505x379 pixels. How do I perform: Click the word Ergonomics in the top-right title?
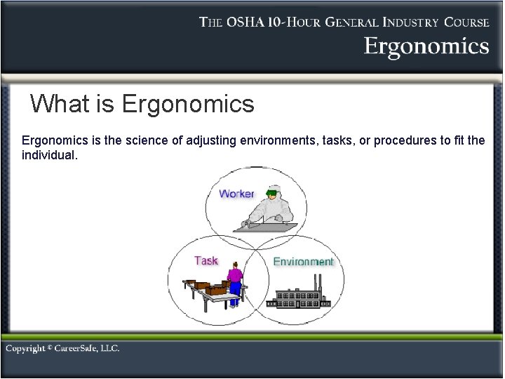pos(426,47)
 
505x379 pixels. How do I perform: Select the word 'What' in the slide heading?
pos(60,105)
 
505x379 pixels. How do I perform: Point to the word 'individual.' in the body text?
pos(50,154)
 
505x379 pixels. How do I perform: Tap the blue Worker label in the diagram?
pos(236,194)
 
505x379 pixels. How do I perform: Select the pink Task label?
pos(206,260)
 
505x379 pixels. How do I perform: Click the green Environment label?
pos(303,262)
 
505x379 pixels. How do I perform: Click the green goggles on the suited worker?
pos(271,192)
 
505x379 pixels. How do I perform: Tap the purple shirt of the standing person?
pos(235,275)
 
